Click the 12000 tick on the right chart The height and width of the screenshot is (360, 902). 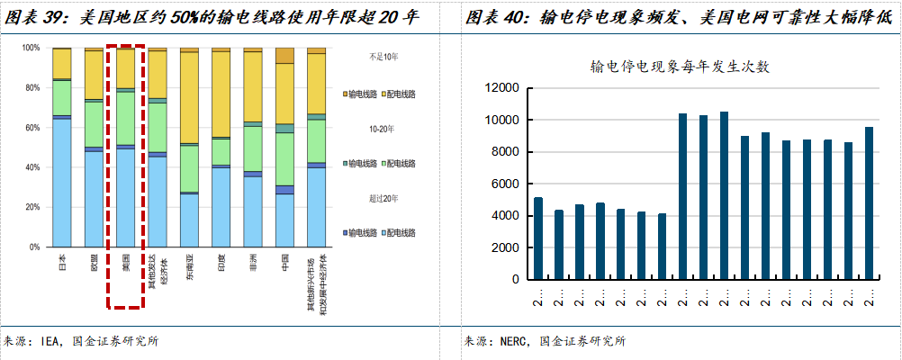pyautogui.click(x=501, y=88)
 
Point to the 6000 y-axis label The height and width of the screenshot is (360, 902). pyautogui.click(x=504, y=184)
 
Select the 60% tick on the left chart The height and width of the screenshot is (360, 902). pyautogui.click(x=32, y=128)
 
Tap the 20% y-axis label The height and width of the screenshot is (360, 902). pyautogui.click(x=32, y=207)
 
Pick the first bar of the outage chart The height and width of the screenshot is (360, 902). pyautogui.click(x=538, y=238)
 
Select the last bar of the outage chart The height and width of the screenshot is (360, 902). pyautogui.click(x=870, y=202)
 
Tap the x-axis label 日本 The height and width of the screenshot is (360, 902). pyautogui.click(x=61, y=263)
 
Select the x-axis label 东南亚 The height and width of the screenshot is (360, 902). pyautogui.click(x=189, y=268)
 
